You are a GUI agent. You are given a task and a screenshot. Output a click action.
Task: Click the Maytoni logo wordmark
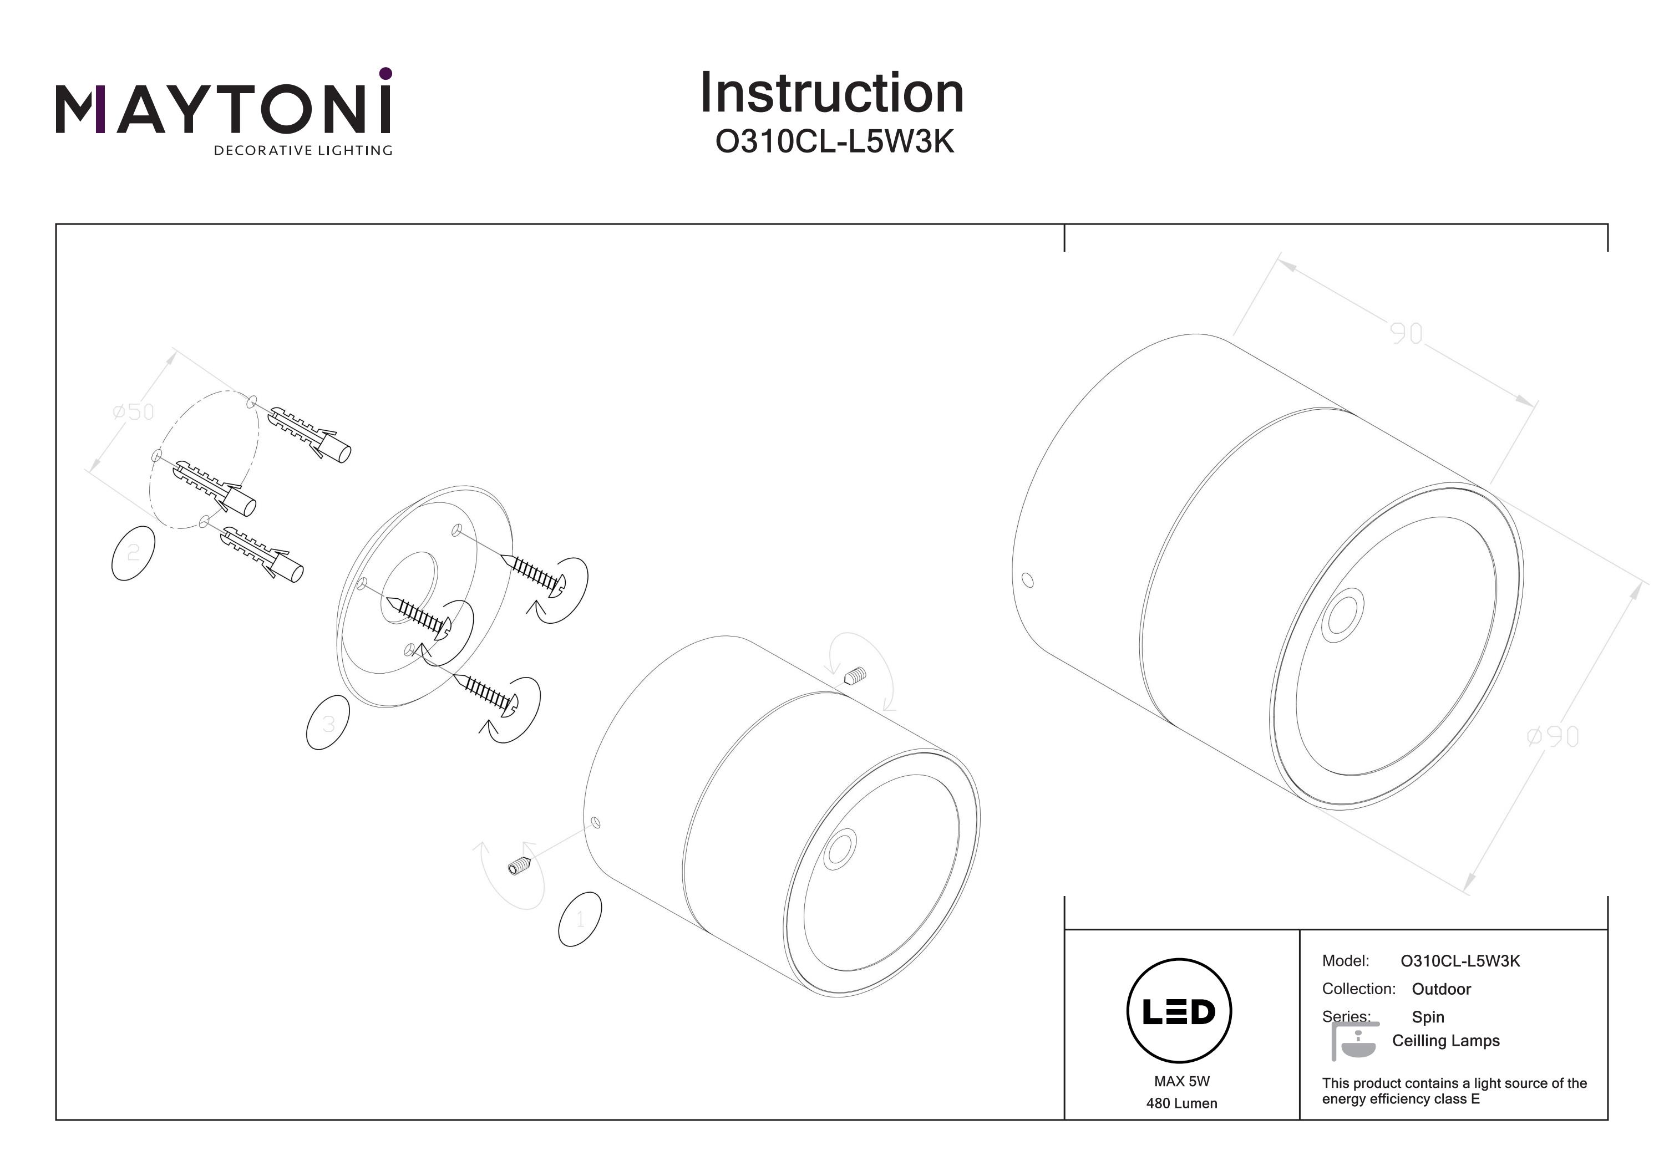223,109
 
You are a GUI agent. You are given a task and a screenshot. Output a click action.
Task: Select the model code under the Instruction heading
834,142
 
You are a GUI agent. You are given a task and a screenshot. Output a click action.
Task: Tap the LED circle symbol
1179,1011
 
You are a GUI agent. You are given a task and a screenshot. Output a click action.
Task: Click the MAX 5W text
1181,1081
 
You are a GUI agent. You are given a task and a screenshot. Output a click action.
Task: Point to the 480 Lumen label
1181,1103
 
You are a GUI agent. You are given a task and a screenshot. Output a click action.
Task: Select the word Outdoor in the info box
1441,989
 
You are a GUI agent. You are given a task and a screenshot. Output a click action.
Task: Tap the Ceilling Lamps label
1445,1041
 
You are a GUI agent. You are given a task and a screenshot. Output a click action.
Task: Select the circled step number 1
580,919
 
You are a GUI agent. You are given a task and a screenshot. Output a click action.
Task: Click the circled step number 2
133,553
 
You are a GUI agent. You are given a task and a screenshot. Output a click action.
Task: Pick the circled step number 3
328,722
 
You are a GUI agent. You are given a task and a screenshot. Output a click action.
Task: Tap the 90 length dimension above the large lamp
1406,333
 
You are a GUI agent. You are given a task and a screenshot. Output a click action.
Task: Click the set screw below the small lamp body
520,865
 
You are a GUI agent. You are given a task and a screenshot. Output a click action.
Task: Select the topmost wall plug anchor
310,435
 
